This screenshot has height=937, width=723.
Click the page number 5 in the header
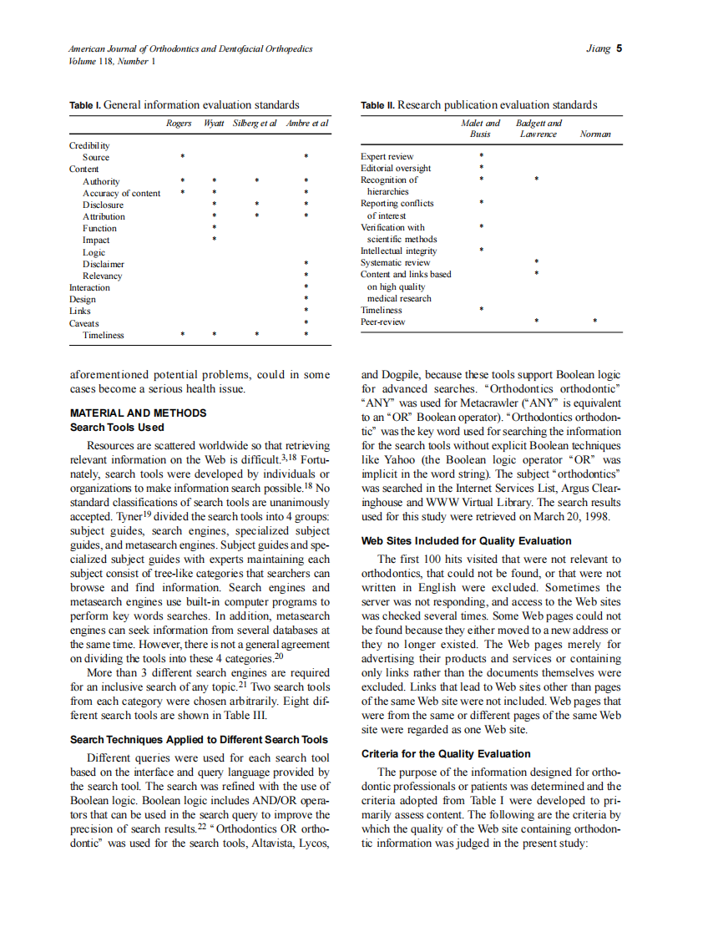pos(619,48)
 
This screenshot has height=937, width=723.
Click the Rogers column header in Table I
pos(179,124)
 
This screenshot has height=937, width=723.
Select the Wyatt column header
pos(215,124)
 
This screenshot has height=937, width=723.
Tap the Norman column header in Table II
pos(594,134)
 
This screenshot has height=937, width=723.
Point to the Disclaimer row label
pos(104,264)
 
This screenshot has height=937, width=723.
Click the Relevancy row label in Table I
pos(102,276)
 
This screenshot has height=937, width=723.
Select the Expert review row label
pos(387,156)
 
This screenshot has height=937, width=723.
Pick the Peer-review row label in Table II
pos(382,322)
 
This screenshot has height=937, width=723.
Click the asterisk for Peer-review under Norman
pos(594,322)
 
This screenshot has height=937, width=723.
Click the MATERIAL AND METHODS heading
pos(138,413)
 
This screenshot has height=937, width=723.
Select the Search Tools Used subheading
pos(117,428)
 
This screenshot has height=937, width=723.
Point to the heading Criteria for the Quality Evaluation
pos(446,754)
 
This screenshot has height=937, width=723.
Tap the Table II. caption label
pos(377,105)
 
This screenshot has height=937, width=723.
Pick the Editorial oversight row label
pos(396,168)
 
